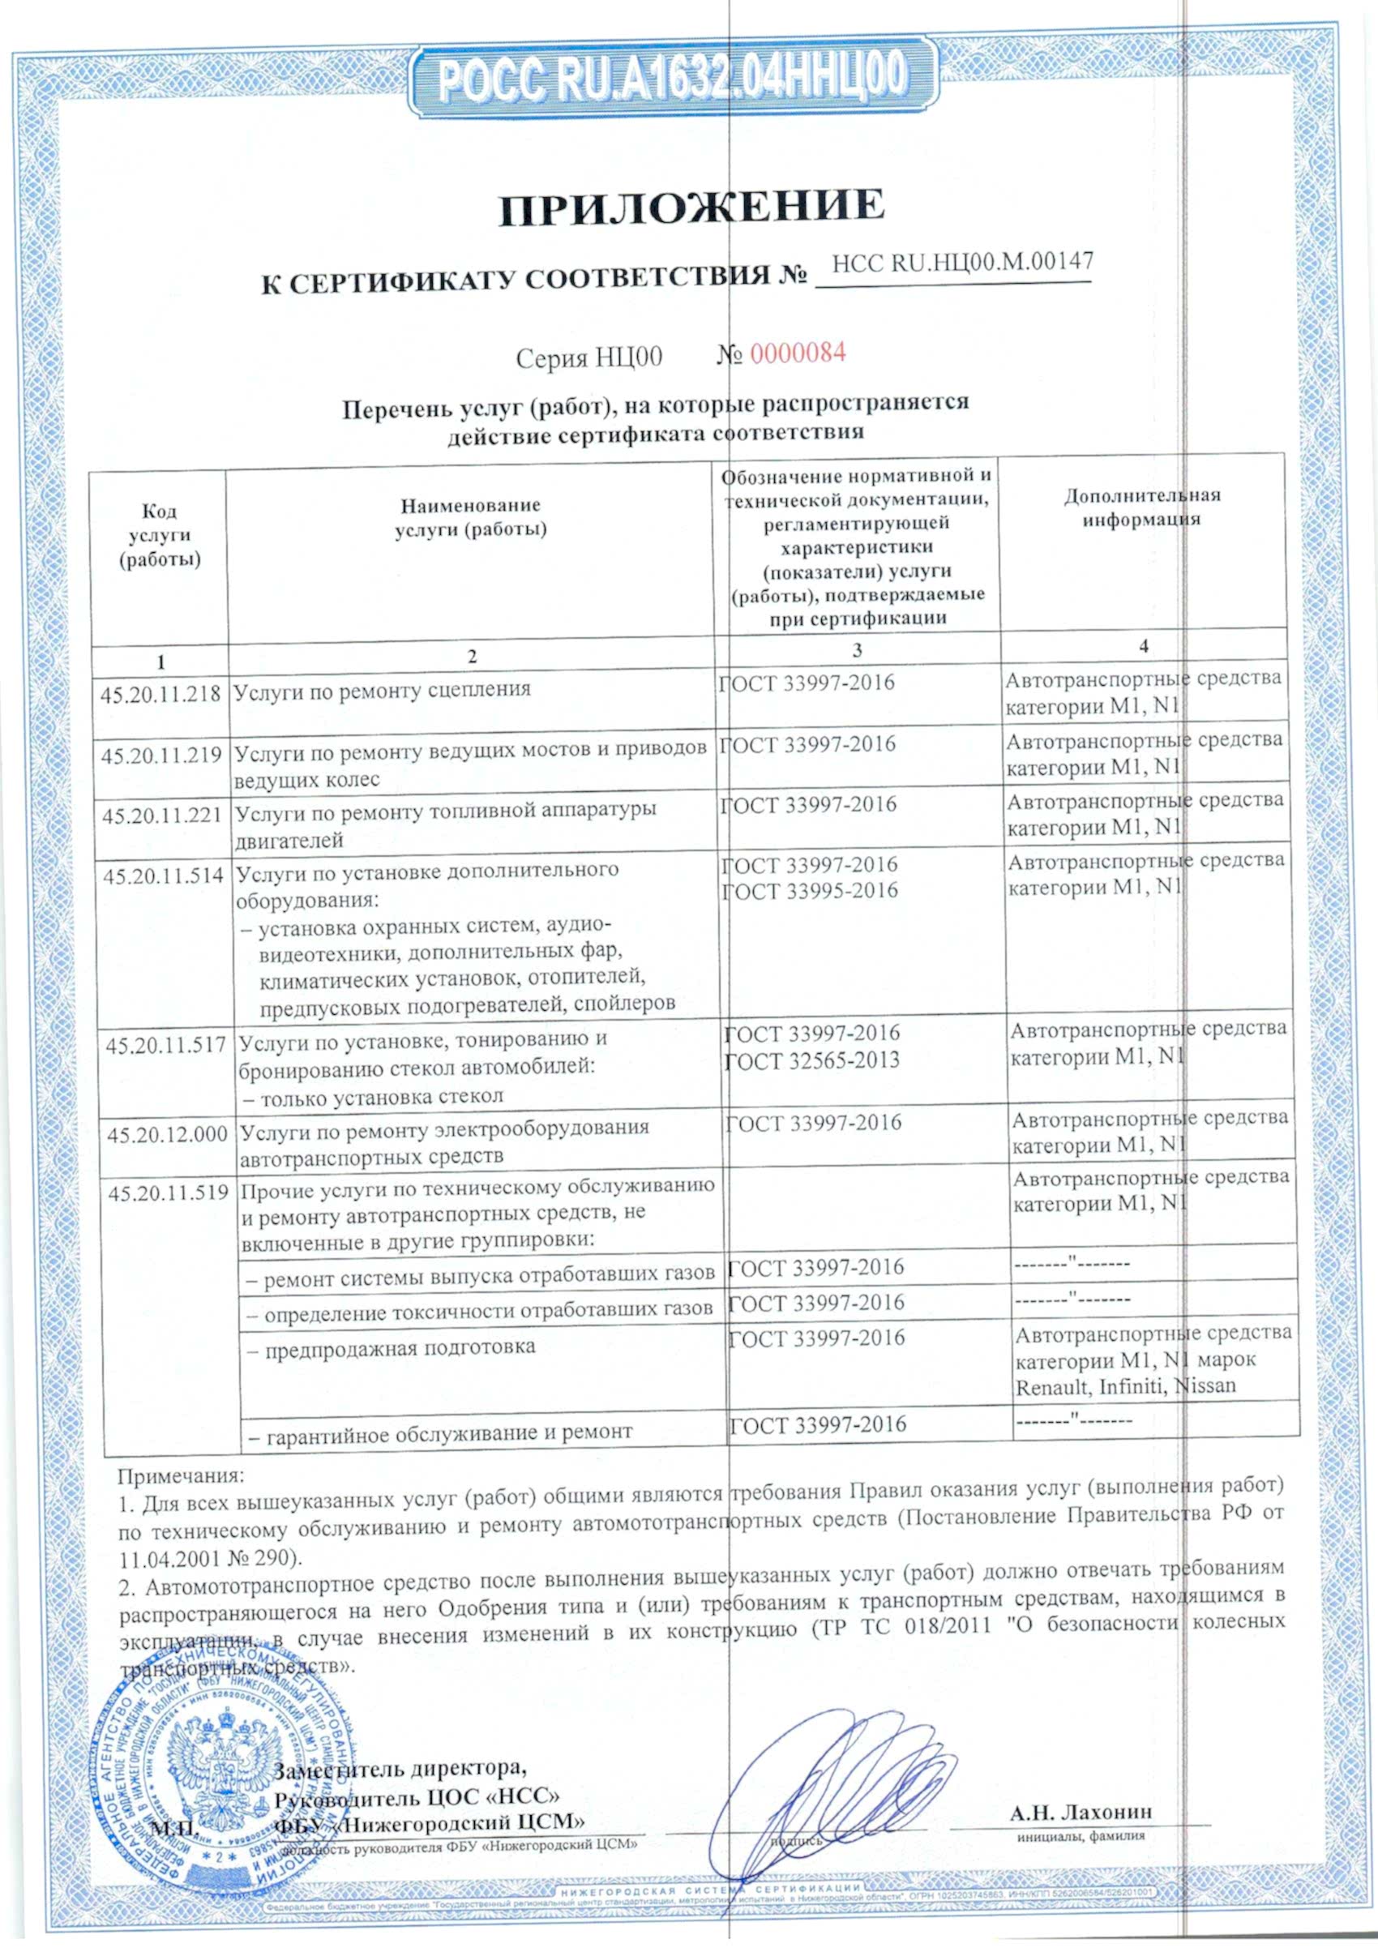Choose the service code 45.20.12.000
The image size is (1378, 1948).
(167, 1134)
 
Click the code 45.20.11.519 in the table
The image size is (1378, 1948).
(168, 1192)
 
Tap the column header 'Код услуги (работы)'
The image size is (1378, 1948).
(160, 534)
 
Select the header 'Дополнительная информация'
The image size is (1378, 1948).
(1142, 507)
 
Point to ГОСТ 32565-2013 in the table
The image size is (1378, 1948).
(812, 1060)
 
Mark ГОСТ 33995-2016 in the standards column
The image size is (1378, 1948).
(810, 891)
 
